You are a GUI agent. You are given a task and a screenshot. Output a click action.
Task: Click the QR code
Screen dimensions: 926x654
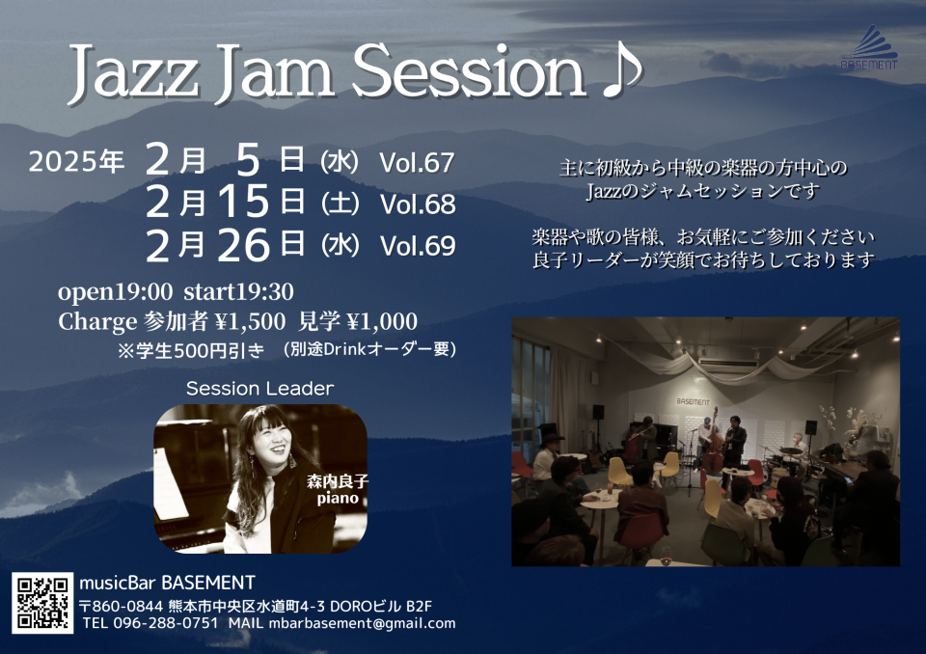pos(42,602)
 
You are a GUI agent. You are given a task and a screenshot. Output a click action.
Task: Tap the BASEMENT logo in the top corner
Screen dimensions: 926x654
pos(869,47)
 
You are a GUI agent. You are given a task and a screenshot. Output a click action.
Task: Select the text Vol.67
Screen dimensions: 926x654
pos(417,162)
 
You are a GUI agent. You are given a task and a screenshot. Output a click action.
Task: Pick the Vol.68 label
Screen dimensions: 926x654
pos(418,204)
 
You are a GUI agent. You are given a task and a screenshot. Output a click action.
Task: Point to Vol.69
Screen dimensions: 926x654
pos(418,246)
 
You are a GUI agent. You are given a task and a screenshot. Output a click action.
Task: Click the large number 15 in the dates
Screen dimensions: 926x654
pos(244,202)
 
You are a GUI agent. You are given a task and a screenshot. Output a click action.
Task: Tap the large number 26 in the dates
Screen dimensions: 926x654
pos(244,245)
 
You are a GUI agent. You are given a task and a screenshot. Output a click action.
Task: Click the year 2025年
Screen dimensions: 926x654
pos(76,161)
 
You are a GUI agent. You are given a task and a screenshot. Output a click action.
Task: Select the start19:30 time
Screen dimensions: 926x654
pos(238,291)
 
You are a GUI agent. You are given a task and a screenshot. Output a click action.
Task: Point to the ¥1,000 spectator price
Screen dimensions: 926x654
pos(382,321)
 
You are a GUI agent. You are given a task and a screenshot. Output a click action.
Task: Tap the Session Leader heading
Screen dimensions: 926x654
pos(259,388)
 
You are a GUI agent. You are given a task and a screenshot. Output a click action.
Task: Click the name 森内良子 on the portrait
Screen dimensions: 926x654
pos(338,481)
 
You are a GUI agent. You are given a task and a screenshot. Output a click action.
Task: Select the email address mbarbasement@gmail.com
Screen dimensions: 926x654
pos(362,623)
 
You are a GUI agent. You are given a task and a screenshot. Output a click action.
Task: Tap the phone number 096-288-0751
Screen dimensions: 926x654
pos(165,623)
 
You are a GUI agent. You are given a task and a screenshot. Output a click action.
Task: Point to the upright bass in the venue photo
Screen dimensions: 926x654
pos(713,442)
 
